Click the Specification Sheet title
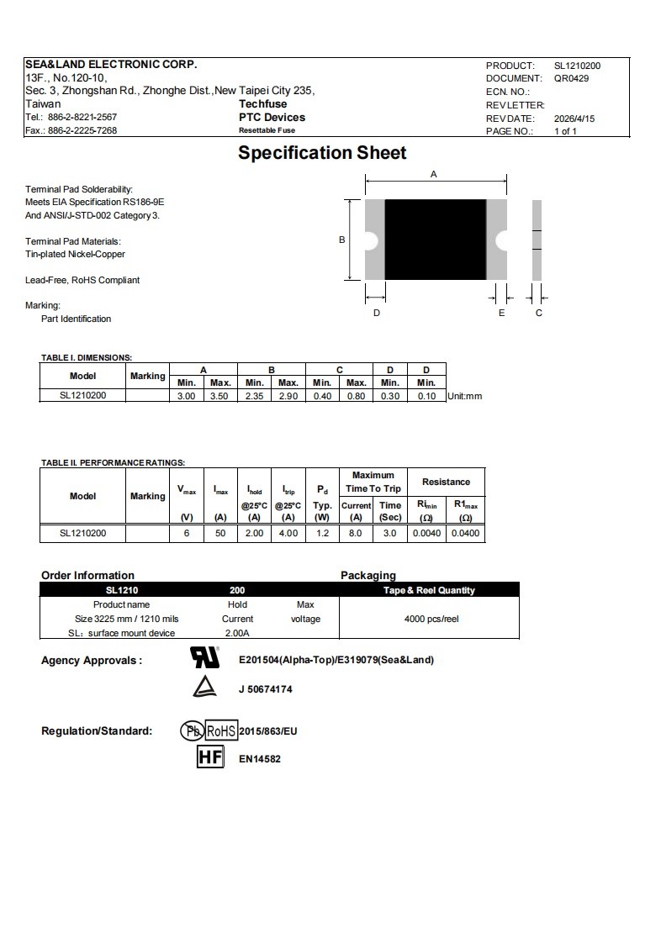point(322,153)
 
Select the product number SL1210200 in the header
point(577,66)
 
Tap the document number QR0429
point(571,78)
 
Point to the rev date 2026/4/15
point(574,119)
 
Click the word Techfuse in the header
point(262,104)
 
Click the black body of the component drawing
point(436,240)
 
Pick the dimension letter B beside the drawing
point(341,240)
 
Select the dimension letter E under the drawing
point(502,313)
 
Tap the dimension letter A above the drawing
point(434,174)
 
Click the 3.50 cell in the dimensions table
point(220,396)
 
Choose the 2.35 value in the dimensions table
point(254,396)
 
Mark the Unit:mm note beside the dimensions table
point(465,396)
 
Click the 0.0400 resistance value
point(465,533)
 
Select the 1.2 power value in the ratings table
point(322,533)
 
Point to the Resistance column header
point(446,482)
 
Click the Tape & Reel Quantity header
point(429,590)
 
